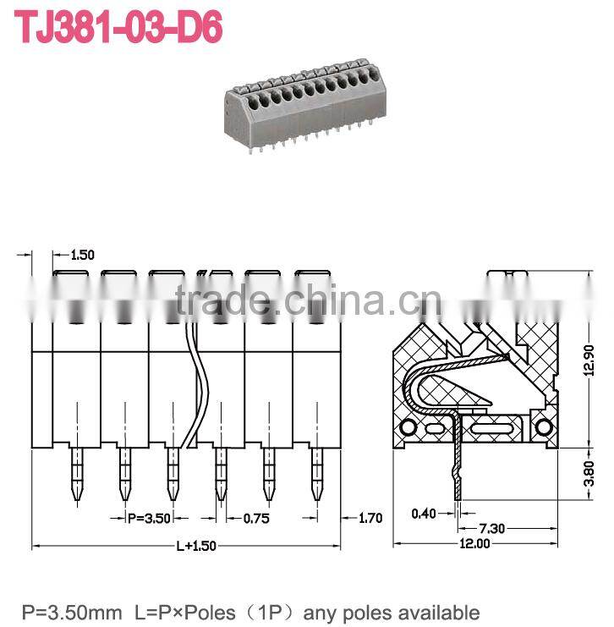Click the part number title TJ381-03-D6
tap(119, 28)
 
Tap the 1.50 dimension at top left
tap(83, 255)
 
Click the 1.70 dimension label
tap(371, 517)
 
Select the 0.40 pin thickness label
tap(425, 513)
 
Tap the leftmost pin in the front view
tap(76, 472)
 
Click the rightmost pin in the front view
tap(317, 472)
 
